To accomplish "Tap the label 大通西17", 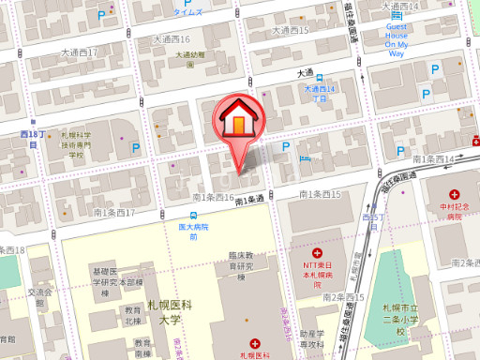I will (79, 52).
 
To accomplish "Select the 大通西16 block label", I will (171, 39).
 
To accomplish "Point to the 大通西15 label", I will (291, 30).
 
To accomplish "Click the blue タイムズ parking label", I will (188, 13).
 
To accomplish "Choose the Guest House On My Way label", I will (396, 41).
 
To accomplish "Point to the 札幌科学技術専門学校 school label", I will (77, 145).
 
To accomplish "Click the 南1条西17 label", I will (114, 213).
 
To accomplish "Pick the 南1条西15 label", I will (320, 194).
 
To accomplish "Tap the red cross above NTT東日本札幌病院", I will (317, 252).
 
